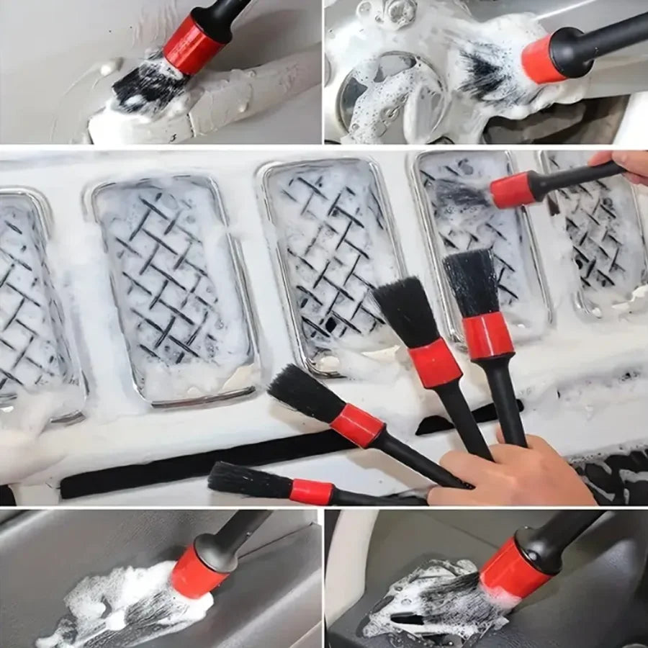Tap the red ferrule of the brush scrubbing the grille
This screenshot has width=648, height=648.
[x=512, y=191]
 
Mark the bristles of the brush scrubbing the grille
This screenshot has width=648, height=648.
[x=461, y=194]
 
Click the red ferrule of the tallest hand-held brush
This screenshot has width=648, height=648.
[x=487, y=336]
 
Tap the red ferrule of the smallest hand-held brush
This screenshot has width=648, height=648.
[x=311, y=492]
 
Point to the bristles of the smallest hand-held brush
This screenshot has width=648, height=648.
[x=248, y=480]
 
